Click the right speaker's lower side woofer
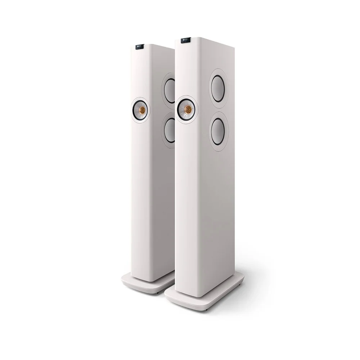tap(220, 129)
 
